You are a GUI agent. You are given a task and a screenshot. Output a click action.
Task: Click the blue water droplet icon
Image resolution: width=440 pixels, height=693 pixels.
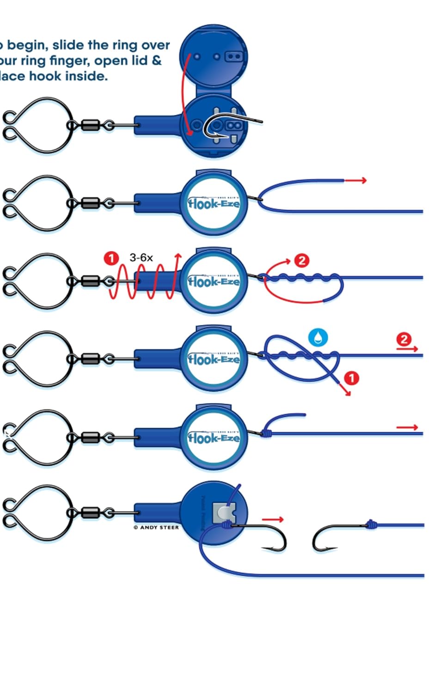pyautogui.click(x=318, y=337)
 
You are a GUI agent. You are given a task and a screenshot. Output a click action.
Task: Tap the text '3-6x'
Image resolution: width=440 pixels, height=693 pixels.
pyautogui.click(x=141, y=258)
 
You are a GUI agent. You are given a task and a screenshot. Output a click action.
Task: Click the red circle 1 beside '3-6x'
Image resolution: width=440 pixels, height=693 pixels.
pyautogui.click(x=111, y=258)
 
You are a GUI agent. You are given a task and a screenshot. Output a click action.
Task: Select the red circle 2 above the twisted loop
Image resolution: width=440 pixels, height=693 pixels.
pyautogui.click(x=301, y=260)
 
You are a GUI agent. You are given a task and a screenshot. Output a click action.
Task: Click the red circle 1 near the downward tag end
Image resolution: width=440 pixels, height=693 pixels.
pyautogui.click(x=352, y=378)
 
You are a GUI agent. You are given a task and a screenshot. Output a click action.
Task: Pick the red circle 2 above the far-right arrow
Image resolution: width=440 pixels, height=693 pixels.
pyautogui.click(x=403, y=340)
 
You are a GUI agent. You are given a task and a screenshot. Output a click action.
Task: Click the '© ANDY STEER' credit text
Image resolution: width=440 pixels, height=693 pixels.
pyautogui.click(x=156, y=527)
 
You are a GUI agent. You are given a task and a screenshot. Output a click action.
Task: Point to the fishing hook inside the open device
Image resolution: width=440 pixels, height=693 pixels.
pyautogui.click(x=226, y=125)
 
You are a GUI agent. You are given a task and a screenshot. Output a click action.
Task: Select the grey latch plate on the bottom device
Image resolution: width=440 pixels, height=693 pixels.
pyautogui.click(x=224, y=513)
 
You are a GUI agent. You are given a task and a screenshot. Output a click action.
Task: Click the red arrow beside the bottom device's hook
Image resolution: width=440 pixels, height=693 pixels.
pyautogui.click(x=272, y=520)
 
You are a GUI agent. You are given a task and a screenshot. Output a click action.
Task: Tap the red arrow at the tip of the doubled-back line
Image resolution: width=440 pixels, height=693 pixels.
pyautogui.click(x=356, y=180)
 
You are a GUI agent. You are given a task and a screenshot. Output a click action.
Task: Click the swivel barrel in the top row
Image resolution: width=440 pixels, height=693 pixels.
pyautogui.click(x=90, y=125)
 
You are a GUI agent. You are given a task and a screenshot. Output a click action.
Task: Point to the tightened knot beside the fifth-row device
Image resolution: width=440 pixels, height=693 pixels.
pyautogui.click(x=266, y=433)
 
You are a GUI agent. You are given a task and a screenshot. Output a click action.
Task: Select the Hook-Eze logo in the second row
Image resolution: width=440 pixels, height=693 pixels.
pyautogui.click(x=214, y=203)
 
